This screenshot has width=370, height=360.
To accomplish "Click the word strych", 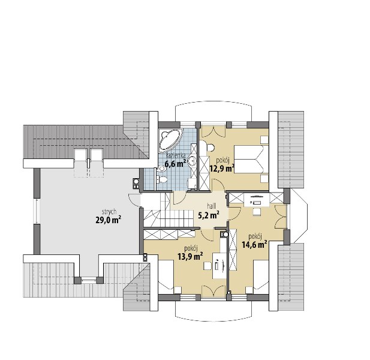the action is [x=109, y=211].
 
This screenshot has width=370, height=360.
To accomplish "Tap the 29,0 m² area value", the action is [x=109, y=220].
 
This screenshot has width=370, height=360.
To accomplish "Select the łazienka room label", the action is [x=176, y=156].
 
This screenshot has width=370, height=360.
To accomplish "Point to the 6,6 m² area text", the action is [x=175, y=164].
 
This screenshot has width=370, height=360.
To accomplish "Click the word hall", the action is [x=211, y=206].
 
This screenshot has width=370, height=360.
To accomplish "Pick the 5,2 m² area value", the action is [x=209, y=215].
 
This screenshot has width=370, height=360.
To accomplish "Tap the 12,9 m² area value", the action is [x=222, y=169].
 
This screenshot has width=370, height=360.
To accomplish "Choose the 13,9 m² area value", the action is [x=191, y=256].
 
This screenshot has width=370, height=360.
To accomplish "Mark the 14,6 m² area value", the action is [x=254, y=245].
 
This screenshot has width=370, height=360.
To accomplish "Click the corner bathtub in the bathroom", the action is [x=170, y=140].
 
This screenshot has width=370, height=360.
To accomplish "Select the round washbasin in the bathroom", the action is [x=192, y=160].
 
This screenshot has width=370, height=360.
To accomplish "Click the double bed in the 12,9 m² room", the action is [x=251, y=160].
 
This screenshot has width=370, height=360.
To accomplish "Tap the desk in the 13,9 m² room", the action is [x=219, y=265].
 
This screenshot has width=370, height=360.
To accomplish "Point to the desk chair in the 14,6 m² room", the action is [x=256, y=212].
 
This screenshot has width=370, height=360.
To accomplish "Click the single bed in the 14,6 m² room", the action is [x=261, y=277].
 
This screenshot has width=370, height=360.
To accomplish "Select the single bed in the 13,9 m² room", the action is [x=166, y=277].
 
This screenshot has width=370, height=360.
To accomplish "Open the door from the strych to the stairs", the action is [x=134, y=200].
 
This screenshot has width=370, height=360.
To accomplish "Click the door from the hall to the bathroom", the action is [x=179, y=198].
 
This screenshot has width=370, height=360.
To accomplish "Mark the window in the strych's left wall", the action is [x=37, y=211].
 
